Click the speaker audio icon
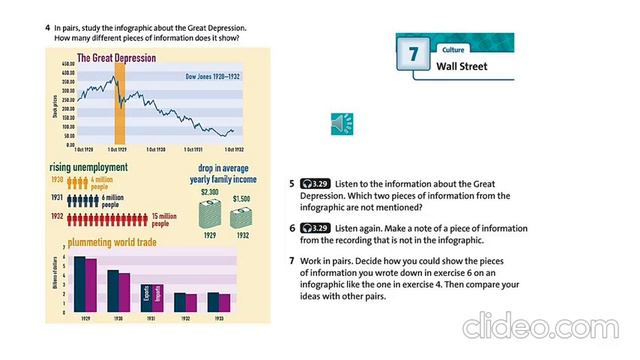point(340,123)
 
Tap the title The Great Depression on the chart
point(116,58)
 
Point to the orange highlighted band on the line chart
point(119,104)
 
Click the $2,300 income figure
point(210,191)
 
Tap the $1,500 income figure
point(241,199)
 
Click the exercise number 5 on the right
point(291,185)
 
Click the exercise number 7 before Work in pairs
point(291,260)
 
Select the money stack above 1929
point(211,213)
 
